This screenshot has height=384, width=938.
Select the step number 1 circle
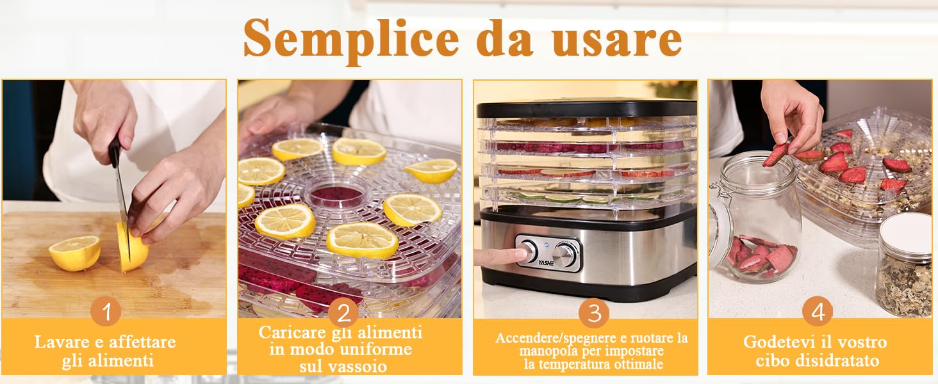point(106,312)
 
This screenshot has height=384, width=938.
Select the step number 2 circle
point(343,313)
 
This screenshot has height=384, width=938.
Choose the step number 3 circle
point(594,313)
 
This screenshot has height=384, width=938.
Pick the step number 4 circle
point(818,312)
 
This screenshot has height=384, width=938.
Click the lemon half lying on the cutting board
point(74,252)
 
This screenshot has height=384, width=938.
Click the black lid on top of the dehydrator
point(586,108)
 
